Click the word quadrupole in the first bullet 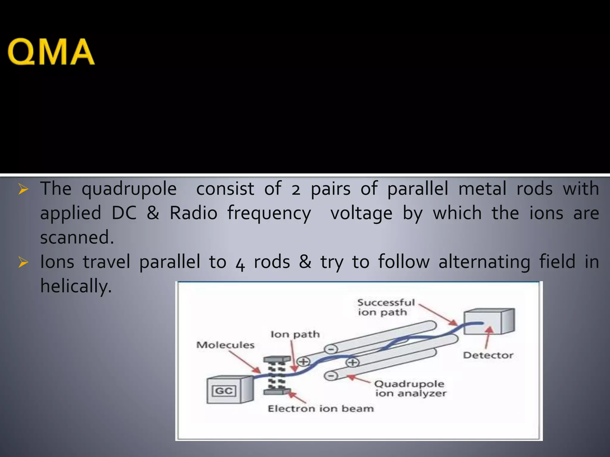129,189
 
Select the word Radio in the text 193,213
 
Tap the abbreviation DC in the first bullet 124,213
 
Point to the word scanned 77,238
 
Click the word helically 76,286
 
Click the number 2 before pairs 296,190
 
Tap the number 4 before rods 240,263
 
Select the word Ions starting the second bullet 57,262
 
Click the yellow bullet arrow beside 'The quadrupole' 23,189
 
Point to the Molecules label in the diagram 225,345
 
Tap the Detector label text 488,355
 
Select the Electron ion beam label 321,409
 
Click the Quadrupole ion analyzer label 410,389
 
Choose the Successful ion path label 386,307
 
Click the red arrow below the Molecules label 245,362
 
